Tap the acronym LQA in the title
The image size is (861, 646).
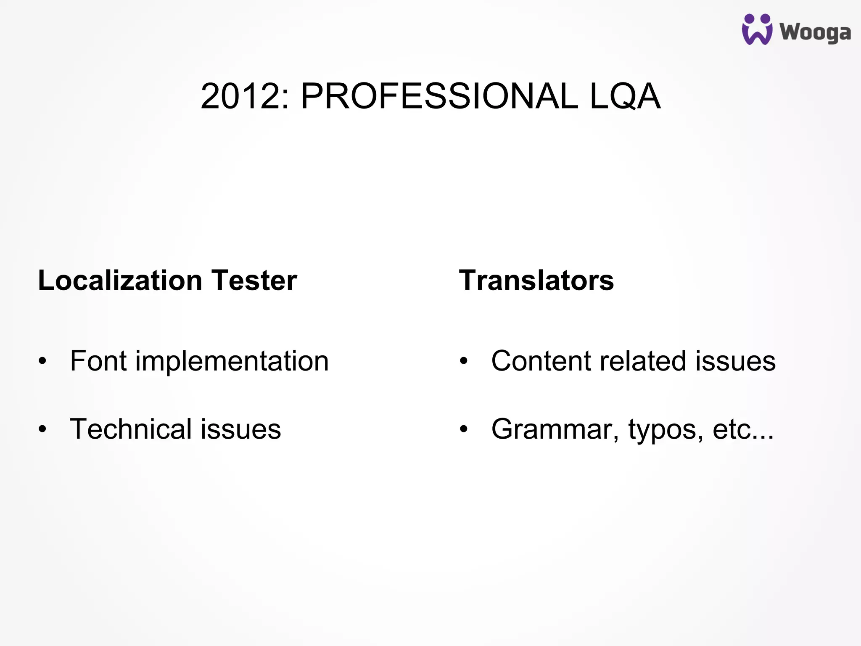625,97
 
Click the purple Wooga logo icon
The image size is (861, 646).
757,29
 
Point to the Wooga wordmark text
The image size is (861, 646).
815,33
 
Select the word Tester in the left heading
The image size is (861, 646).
254,281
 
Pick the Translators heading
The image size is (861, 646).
536,281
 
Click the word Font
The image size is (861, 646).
98,361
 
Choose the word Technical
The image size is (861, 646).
131,429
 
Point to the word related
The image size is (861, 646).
643,361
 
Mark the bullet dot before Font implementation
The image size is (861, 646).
42,361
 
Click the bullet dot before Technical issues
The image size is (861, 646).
42,429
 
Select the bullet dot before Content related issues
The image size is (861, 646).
463,361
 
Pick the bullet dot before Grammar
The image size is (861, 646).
463,429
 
